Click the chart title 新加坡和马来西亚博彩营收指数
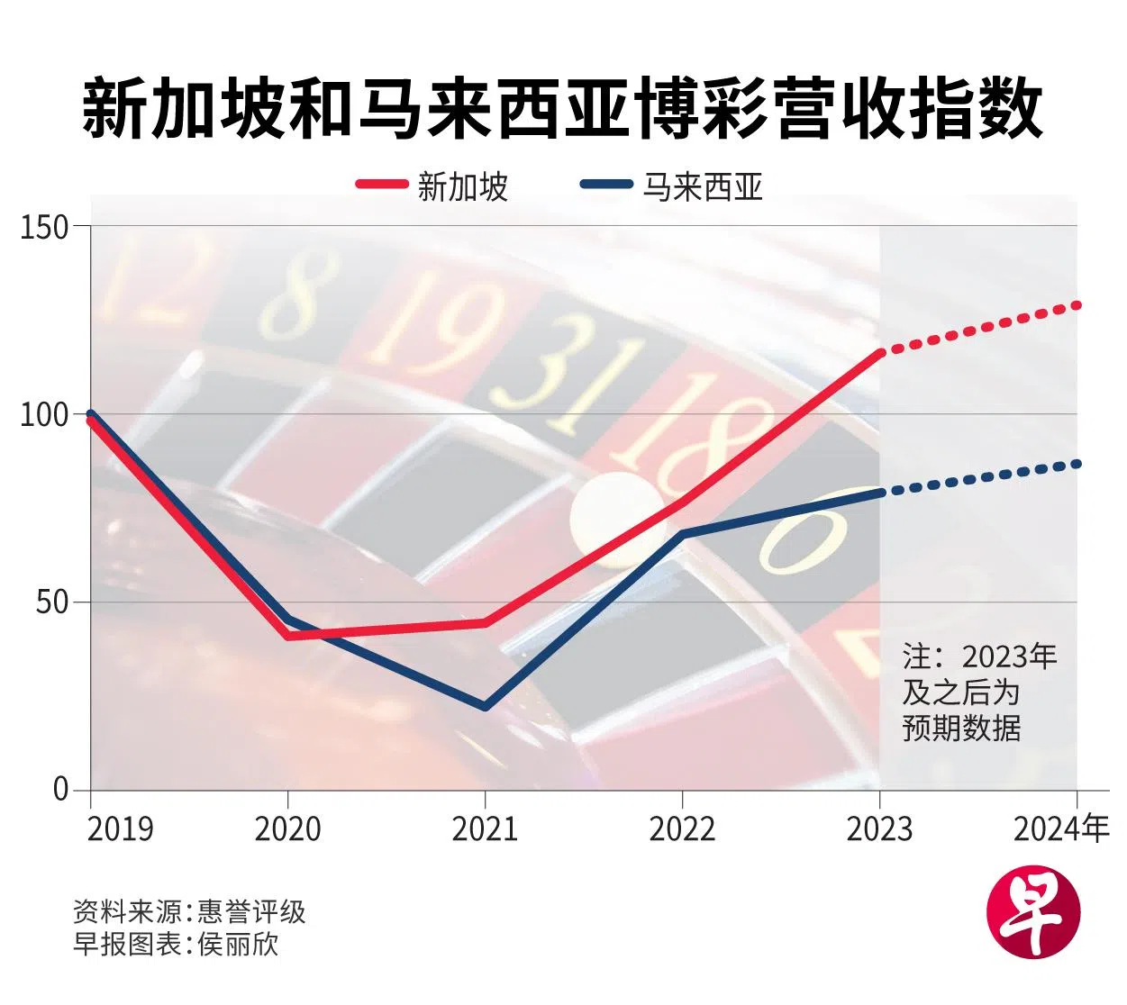click(x=563, y=108)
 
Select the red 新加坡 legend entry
click(x=432, y=186)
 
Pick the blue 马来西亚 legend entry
click(x=672, y=186)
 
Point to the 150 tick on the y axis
click(x=45, y=226)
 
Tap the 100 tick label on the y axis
click(x=45, y=415)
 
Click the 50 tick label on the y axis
click(x=52, y=602)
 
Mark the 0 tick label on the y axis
click(x=61, y=790)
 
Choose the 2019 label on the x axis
click(x=120, y=828)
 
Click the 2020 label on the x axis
click(x=287, y=828)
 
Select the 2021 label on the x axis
click(x=485, y=828)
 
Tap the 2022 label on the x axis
click(x=682, y=828)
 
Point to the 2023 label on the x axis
click(x=879, y=828)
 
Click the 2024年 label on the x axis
click(x=1061, y=828)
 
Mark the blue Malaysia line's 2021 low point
click(x=486, y=707)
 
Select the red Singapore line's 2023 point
click(x=880, y=353)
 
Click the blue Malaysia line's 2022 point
click(x=683, y=535)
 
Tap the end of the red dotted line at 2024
click(x=1077, y=305)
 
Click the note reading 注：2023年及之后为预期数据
click(x=978, y=692)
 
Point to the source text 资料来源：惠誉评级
click(x=189, y=912)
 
